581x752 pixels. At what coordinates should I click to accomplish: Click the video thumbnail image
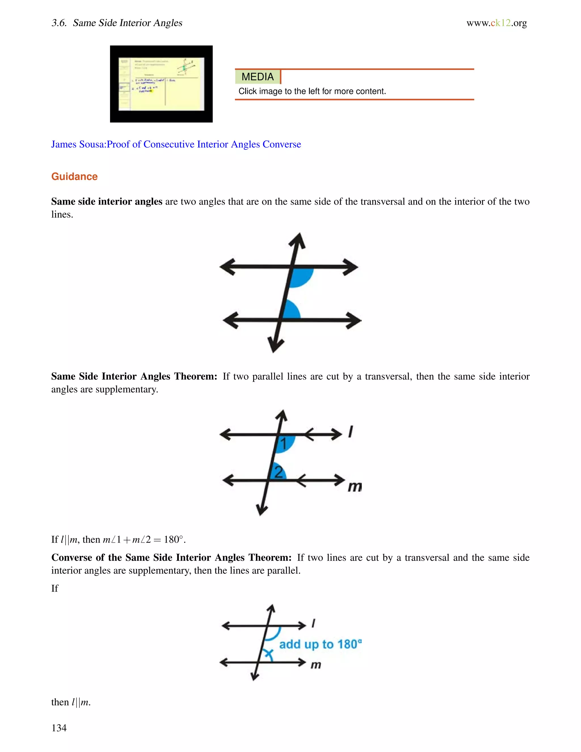[x=161, y=84]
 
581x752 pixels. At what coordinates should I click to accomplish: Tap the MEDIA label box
[x=258, y=76]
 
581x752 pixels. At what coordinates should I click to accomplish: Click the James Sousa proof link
[x=176, y=144]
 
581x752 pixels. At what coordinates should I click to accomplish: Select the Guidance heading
[x=74, y=176]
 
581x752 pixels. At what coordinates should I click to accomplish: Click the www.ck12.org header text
[x=496, y=23]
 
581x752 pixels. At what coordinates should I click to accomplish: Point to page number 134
[x=59, y=728]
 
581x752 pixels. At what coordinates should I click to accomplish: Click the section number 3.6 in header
[x=58, y=23]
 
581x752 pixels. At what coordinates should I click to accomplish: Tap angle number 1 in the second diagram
[x=284, y=444]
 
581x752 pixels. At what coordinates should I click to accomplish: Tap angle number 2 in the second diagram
[x=279, y=472]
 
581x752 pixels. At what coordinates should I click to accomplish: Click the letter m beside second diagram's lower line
[x=355, y=487]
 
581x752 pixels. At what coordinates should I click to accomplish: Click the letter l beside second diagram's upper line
[x=350, y=431]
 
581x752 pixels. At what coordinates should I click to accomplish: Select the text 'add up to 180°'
[x=320, y=644]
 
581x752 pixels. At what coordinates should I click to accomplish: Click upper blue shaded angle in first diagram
[x=300, y=276]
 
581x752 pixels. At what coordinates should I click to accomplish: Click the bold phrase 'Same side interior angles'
[x=107, y=201]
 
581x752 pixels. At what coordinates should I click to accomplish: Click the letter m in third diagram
[x=316, y=665]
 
